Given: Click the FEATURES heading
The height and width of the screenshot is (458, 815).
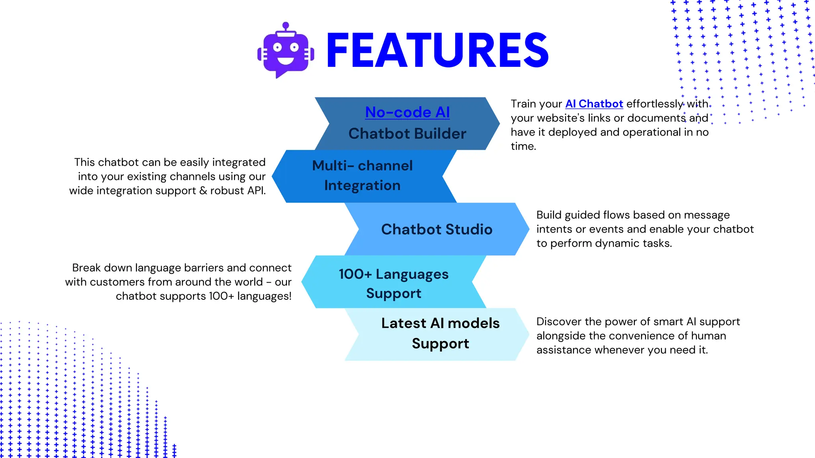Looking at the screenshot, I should click(x=437, y=51).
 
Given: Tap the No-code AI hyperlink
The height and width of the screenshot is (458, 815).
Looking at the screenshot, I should click(x=407, y=113).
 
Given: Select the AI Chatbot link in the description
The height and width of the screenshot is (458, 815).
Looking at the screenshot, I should click(x=594, y=104).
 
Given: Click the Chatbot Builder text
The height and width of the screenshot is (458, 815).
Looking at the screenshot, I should click(x=407, y=134).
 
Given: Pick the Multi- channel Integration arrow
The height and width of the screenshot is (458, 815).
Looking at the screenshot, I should click(x=362, y=176).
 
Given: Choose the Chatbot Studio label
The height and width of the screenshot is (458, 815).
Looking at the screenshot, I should click(x=437, y=229).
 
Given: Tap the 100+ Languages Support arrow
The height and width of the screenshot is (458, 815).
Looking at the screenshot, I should click(x=393, y=283).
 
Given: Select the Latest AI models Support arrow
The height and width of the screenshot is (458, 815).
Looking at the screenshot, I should click(x=440, y=333).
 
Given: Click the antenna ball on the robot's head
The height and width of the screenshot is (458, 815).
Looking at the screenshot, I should click(x=285, y=25).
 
